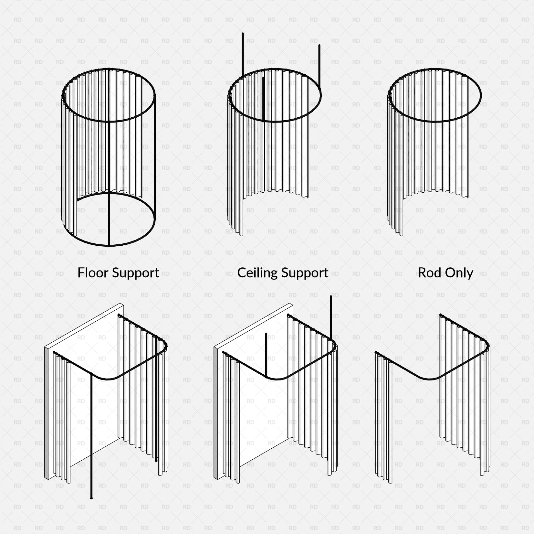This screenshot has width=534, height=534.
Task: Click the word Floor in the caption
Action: tap(93, 272)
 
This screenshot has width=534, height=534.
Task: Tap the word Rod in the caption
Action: tap(430, 272)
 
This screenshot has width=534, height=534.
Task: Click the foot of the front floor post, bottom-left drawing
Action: tap(92, 498)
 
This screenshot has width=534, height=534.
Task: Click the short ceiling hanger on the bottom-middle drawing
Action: tap(266, 355)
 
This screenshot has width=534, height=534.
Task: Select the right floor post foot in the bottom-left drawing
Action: tap(156, 461)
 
